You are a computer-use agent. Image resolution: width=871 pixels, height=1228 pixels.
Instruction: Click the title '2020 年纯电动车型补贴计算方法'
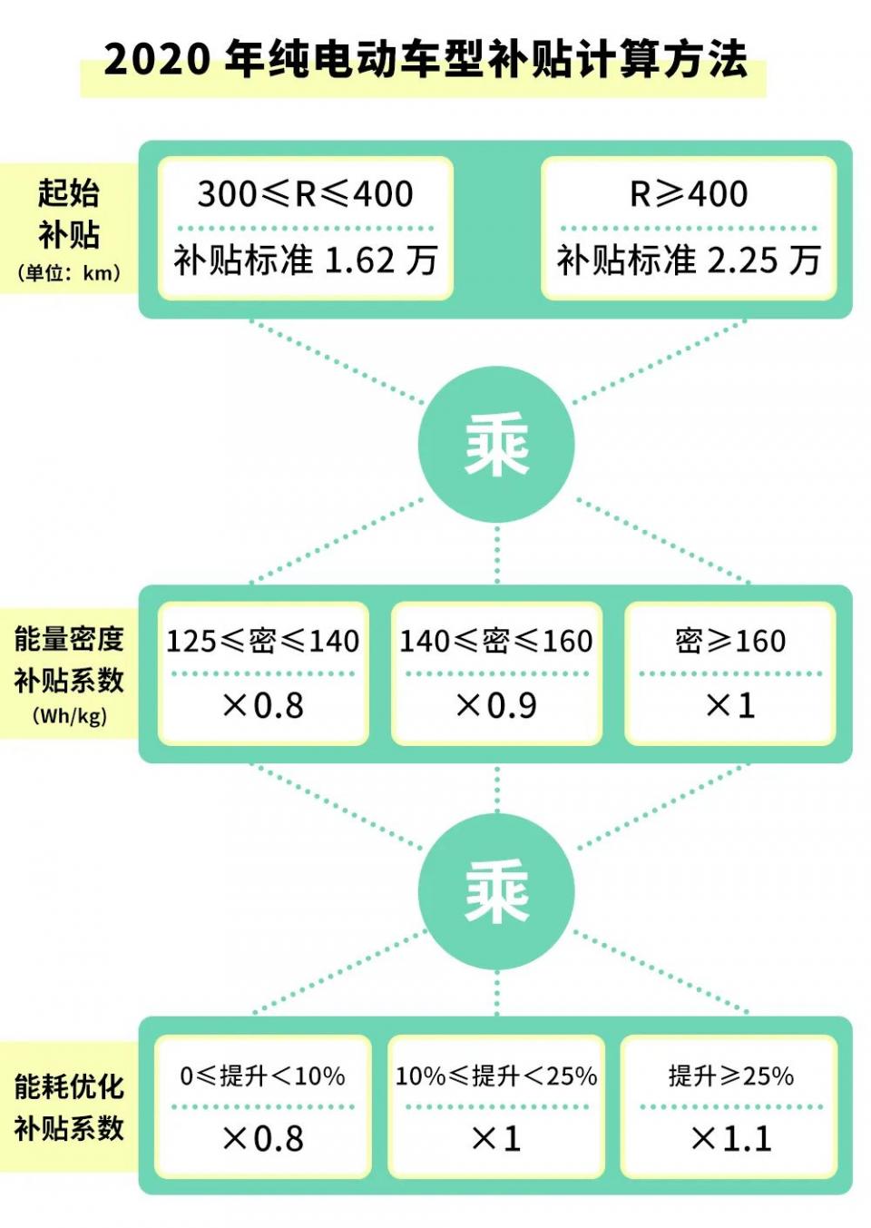coord(426,59)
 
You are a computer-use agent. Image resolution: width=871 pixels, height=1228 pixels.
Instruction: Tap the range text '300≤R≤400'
coord(306,193)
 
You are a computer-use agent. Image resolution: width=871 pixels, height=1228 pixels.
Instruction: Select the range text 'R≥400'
coord(689,193)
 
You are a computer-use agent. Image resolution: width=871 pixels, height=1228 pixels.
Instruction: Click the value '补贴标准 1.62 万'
coord(306,260)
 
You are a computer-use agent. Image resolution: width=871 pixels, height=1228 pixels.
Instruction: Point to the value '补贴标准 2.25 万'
coord(689,260)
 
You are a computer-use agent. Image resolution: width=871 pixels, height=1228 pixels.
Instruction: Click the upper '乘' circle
coord(496,445)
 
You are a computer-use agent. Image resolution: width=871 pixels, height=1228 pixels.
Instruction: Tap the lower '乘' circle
coord(496,892)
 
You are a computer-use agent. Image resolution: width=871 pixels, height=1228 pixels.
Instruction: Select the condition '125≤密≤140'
coord(262,640)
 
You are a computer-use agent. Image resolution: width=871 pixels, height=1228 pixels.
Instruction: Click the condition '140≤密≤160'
coord(496,640)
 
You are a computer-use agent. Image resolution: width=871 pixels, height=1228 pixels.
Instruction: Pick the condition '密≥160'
coord(730,640)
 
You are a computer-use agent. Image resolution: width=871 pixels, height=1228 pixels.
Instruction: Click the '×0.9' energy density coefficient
coord(496,705)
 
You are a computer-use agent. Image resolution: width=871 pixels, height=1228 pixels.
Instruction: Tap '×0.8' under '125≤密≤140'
coord(262,705)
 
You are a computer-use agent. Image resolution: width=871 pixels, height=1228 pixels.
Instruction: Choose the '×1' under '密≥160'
coord(730,705)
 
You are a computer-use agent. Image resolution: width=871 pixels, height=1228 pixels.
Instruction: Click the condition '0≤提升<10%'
coord(262,1076)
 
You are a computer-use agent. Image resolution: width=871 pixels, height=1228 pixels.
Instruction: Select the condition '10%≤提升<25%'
coord(496,1076)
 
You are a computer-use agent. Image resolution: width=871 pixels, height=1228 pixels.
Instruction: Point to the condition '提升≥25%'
coord(730,1076)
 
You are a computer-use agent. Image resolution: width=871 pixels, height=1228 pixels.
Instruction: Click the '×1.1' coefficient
coord(731,1139)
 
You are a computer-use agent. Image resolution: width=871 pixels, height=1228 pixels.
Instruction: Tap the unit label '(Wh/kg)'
coord(70,716)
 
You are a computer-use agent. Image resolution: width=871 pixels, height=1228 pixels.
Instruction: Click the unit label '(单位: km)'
coord(69,272)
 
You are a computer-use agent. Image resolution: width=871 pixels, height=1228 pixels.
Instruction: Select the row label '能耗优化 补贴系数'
coord(69,1107)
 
